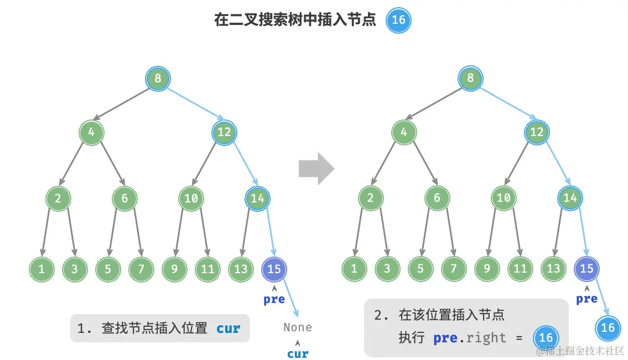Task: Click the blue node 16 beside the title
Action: pos(398,20)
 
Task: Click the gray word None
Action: pos(297,327)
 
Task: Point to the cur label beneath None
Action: pos(297,353)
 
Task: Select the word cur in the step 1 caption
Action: pos(228,328)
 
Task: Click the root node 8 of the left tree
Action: pos(158,79)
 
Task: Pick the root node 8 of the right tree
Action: pos(470,79)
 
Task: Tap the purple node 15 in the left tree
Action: pos(274,269)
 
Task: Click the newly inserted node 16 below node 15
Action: pos(608,327)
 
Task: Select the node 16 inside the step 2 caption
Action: pos(546,338)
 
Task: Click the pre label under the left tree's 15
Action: pos(274,299)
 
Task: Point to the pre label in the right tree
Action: pos(587,299)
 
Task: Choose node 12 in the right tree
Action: pos(537,133)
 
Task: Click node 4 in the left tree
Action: pos(91,133)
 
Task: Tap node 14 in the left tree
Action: pos(257,198)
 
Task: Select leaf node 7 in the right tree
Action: pos(454,269)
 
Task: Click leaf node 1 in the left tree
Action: pos(41,269)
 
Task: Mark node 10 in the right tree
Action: pos(504,198)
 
